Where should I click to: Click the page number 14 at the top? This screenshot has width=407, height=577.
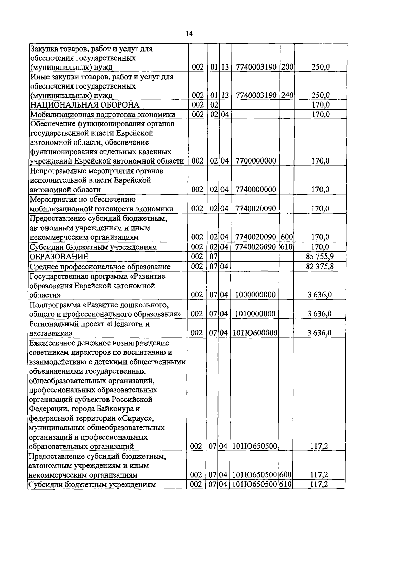[189, 33]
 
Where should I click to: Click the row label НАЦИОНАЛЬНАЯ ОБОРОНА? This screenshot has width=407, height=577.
[85, 105]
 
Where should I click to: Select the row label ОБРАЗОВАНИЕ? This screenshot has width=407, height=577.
[59, 257]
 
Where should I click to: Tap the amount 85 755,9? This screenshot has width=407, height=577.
[319, 257]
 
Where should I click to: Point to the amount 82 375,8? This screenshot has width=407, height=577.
[319, 266]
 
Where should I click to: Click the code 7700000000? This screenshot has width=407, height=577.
[255, 161]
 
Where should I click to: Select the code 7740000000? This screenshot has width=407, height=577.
[255, 189]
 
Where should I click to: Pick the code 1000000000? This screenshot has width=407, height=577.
[255, 295]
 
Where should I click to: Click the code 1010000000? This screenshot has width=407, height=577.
[255, 314]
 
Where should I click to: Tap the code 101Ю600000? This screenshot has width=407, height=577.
[255, 333]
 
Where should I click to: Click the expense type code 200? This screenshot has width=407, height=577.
[287, 67]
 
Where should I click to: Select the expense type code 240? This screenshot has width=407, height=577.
[287, 96]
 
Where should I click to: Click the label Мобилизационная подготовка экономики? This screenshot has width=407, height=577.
[103, 115]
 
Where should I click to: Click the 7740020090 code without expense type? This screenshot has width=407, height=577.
[255, 209]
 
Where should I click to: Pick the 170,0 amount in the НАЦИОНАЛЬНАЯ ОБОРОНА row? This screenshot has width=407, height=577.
[321, 105]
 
